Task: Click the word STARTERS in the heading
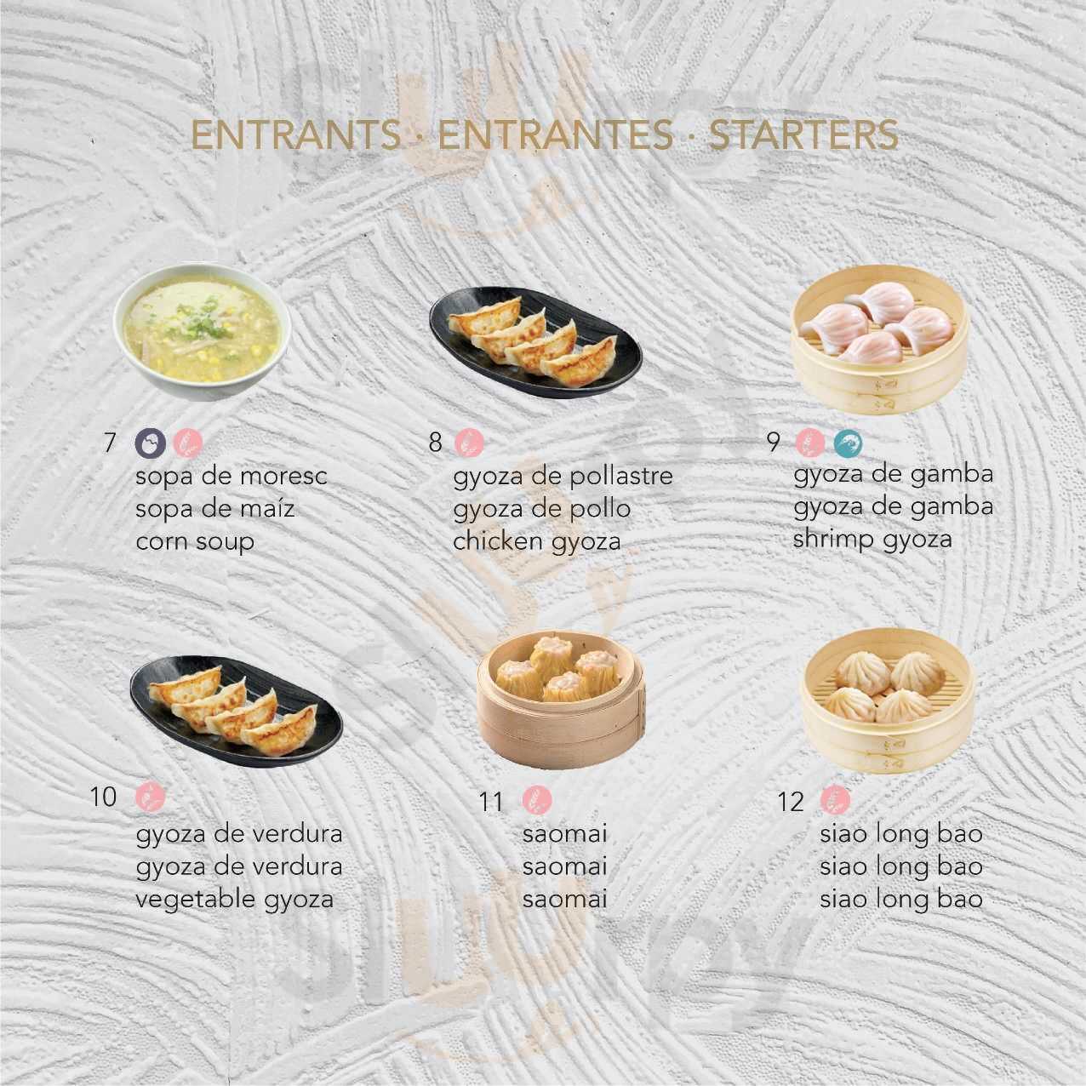(x=803, y=135)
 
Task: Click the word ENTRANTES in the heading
(x=556, y=135)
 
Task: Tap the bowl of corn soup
(x=203, y=333)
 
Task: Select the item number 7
(x=109, y=443)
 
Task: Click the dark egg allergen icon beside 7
(x=150, y=443)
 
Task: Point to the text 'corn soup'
(x=195, y=541)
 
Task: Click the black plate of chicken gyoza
(x=536, y=343)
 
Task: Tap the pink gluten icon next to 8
(x=469, y=442)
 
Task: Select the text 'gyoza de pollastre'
(x=563, y=477)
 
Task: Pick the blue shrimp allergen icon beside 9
(x=849, y=443)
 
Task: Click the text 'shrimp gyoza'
(x=872, y=540)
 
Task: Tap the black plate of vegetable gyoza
(x=237, y=711)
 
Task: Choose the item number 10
(x=103, y=797)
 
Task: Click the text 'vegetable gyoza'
(x=234, y=900)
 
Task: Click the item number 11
(x=490, y=802)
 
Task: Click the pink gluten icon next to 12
(x=835, y=801)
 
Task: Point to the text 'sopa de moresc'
(x=231, y=477)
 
